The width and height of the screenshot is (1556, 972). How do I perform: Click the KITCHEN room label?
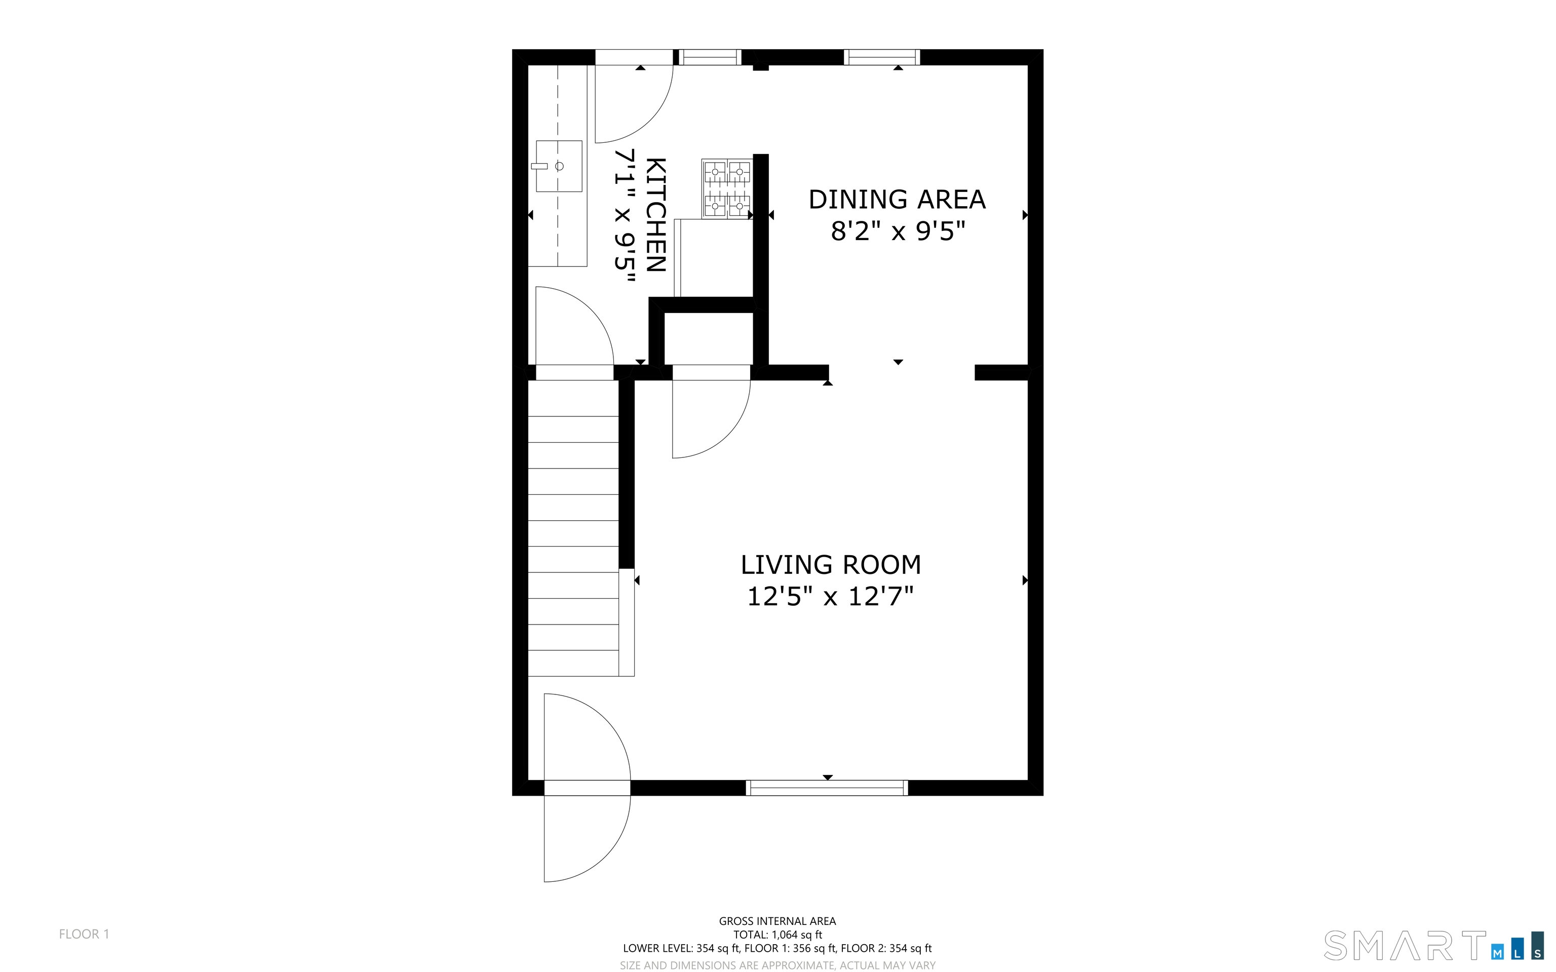[x=655, y=215]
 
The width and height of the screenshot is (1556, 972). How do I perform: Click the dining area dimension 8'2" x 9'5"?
[x=898, y=231]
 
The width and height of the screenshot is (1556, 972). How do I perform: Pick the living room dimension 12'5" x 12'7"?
[x=830, y=597]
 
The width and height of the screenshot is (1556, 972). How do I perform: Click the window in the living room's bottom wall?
[x=827, y=788]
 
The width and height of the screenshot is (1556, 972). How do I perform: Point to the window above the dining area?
[x=882, y=57]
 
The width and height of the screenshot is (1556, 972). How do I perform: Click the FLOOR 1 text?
[x=84, y=934]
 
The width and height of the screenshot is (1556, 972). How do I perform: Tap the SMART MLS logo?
[x=1434, y=946]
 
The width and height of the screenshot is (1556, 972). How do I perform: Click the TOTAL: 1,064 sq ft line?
[x=777, y=935]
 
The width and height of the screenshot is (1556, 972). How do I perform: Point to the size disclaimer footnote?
[x=777, y=965]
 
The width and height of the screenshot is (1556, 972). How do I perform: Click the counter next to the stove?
[x=713, y=258]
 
